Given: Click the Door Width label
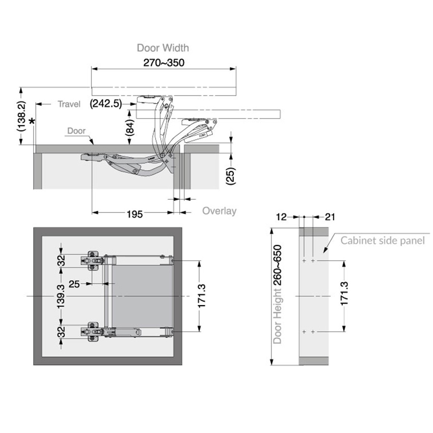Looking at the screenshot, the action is (163, 48).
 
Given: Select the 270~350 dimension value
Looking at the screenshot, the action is (164, 63).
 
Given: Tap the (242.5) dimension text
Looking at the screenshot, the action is (106, 103).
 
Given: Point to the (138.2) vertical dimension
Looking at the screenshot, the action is (22, 116).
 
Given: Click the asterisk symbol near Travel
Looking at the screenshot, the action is (32, 121).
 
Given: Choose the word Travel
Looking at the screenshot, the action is (69, 104).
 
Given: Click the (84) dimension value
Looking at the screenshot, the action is (130, 127).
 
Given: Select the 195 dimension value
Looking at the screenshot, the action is (134, 214).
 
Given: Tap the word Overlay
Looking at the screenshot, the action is (219, 211).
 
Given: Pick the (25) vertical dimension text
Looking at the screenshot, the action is (231, 176).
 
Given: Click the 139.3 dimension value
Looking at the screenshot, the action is (61, 296).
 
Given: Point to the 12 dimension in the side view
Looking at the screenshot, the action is (281, 217).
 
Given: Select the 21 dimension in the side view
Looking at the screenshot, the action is (330, 217).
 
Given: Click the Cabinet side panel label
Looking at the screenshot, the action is (383, 240).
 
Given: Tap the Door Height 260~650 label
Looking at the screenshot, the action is (277, 294).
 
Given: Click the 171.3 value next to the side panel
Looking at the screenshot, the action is (344, 293).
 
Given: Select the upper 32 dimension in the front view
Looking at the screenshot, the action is (62, 260).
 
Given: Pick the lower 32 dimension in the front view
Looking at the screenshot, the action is (62, 332).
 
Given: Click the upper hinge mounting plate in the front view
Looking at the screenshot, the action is (92, 261).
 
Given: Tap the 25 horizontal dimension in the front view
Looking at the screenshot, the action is (74, 284).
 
